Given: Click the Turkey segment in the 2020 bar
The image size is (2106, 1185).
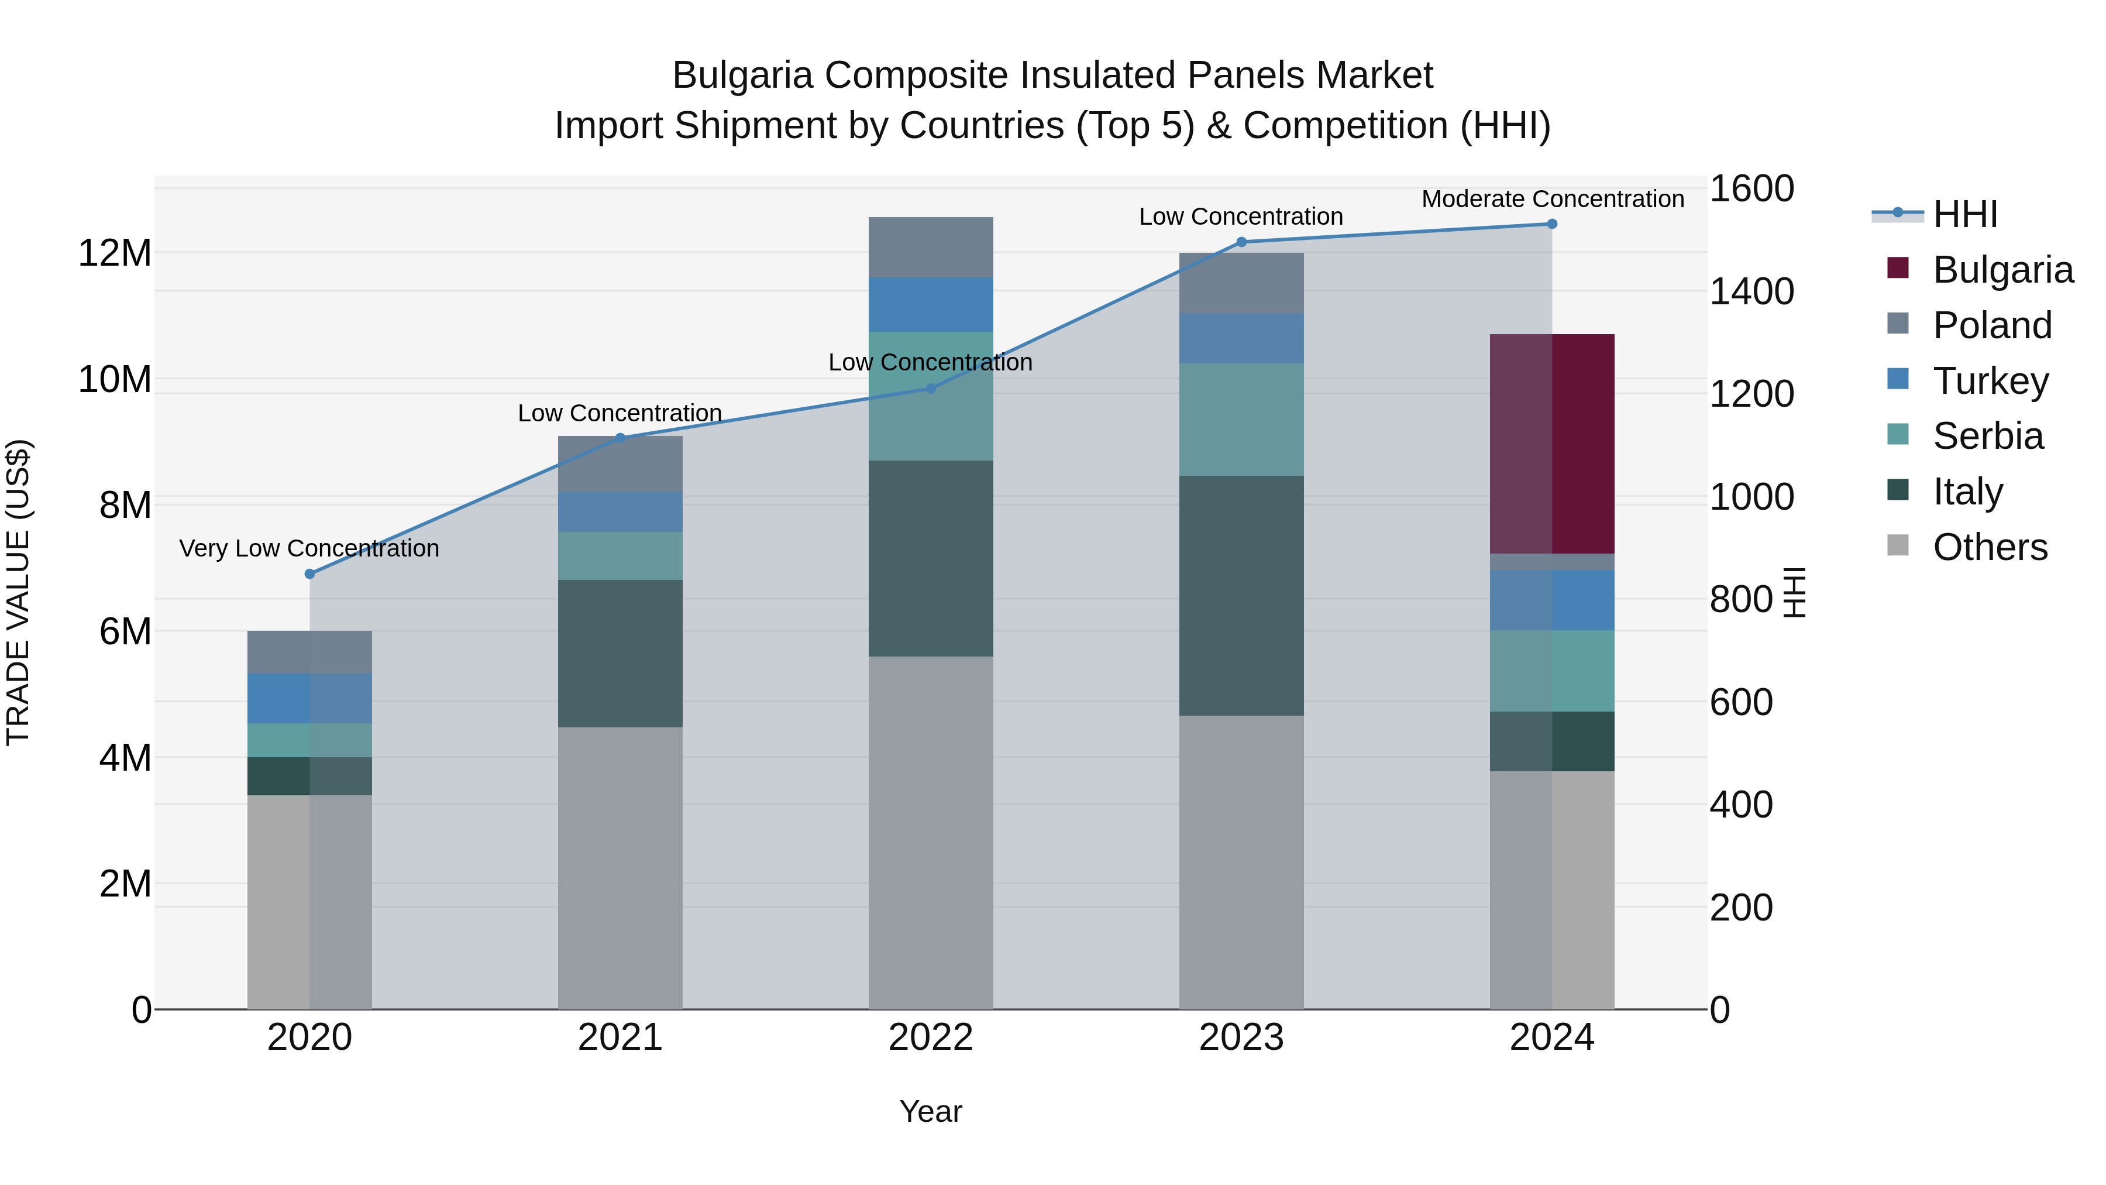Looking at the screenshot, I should coord(309,698).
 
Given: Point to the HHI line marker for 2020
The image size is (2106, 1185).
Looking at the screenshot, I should coord(309,574).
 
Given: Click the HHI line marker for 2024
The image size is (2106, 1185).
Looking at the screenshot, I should coord(1551,224).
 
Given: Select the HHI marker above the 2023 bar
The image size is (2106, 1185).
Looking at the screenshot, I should coord(1241,242).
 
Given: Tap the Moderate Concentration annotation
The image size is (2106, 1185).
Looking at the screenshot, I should coord(1551,199).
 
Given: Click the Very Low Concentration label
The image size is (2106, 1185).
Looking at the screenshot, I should coord(309,548).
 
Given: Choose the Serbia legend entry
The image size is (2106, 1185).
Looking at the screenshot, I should coord(1987,436).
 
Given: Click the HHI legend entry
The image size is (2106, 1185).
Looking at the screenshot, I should coord(1964,214).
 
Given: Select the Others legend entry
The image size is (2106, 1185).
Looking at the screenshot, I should coord(1988,547).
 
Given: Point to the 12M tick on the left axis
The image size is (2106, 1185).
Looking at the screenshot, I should coord(115,253).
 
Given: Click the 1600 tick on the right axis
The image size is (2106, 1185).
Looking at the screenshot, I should coord(1751,189).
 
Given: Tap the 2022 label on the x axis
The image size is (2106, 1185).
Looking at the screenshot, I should coord(930,1038).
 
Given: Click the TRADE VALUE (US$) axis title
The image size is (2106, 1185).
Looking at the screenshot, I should coord(18,592).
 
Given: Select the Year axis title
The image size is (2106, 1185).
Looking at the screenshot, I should coord(930,1111).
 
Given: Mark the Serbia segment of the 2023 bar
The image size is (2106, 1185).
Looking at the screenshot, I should coord(1241,419).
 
